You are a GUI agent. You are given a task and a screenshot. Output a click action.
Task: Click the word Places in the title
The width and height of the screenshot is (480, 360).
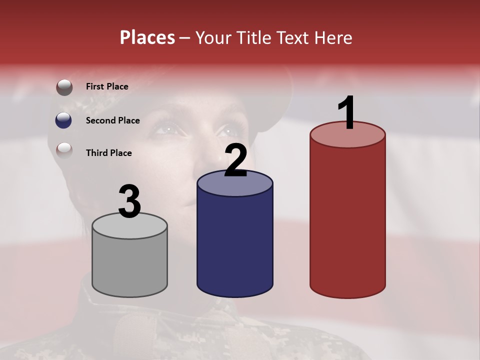[147, 37]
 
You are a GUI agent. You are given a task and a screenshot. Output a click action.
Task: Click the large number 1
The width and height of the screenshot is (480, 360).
[346, 113]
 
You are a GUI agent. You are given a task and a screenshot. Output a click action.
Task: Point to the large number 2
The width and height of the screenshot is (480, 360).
[235, 161]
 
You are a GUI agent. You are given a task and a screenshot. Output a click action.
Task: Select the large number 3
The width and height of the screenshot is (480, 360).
[129, 202]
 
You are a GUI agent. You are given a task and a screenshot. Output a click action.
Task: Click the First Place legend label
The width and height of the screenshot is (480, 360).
[107, 86]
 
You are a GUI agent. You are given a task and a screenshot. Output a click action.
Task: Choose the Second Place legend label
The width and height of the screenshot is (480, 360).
[112, 120]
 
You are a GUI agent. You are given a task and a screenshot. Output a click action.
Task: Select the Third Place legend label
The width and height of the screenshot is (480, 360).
[108, 153]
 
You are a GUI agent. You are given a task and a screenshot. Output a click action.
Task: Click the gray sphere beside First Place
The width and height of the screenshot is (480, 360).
[64, 87]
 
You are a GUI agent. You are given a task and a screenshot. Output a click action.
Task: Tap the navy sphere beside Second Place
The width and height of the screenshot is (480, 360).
[64, 120]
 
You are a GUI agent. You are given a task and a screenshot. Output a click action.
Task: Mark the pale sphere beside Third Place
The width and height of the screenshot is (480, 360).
[64, 150]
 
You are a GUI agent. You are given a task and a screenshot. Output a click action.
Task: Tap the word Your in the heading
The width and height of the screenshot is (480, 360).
[212, 37]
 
